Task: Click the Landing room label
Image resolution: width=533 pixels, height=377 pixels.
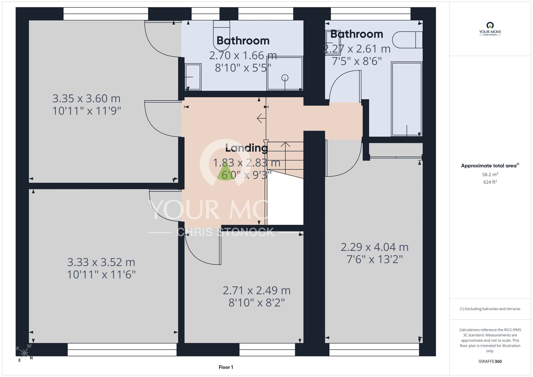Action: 247,148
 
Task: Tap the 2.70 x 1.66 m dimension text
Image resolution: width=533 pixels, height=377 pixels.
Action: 243,55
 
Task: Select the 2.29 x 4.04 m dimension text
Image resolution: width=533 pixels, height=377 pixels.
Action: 375,247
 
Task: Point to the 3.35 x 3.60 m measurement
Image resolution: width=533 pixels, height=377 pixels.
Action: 87,99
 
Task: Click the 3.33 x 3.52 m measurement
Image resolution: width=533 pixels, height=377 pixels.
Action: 101,262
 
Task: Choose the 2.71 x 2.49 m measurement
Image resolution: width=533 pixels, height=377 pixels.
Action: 257,290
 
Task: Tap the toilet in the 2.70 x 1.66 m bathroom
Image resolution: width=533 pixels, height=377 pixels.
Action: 221,35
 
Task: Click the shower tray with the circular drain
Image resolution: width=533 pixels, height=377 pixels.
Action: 285,73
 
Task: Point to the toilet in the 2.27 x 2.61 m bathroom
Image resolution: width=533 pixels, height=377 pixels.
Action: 407,40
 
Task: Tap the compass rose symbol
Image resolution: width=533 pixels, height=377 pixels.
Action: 25,353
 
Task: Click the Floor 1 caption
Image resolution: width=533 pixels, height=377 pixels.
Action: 226,367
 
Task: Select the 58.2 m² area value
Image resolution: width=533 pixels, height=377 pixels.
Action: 490,174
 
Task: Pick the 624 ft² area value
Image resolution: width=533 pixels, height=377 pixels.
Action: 490,182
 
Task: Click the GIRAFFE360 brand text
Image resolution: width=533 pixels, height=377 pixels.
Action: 490,362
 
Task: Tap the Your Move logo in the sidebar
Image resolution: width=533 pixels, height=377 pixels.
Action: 490,29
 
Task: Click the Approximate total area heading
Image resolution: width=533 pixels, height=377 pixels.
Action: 490,166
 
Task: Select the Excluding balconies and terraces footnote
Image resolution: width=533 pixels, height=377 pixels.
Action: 490,309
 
